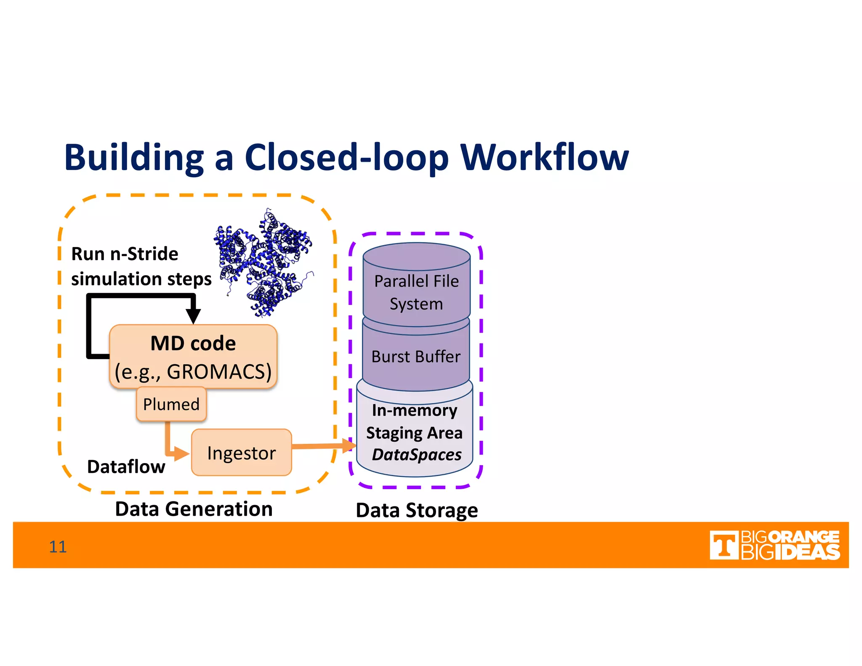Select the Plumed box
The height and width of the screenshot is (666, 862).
tap(171, 404)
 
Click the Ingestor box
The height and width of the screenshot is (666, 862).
tap(241, 453)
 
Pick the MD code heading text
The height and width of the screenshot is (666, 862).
tap(193, 343)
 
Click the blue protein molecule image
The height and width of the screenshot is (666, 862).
tap(264, 263)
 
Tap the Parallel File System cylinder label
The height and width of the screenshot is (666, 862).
tap(416, 292)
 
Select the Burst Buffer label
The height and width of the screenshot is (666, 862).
tap(416, 357)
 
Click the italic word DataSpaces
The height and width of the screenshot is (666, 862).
tap(417, 455)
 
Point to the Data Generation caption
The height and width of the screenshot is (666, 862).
tap(194, 509)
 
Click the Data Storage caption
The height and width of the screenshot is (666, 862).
tap(417, 510)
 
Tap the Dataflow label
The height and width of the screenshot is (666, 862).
tap(126, 466)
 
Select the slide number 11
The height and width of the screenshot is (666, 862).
tap(58, 546)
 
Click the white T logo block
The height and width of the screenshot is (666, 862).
tap(724, 545)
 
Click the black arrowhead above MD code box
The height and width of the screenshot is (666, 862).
tap(193, 315)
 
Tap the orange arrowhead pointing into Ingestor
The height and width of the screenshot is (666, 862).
tap(181, 453)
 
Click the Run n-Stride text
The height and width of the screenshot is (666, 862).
tap(125, 254)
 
